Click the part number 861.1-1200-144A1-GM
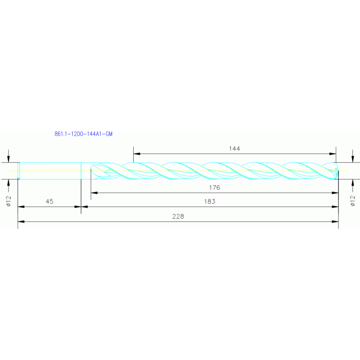pyautogui.click(x=84, y=134)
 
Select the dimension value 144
pyautogui.click(x=234, y=148)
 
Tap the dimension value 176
pyautogui.click(x=214, y=187)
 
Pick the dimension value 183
pyautogui.click(x=210, y=201)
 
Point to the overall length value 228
pyautogui.click(x=178, y=216)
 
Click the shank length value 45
pyautogui.click(x=50, y=201)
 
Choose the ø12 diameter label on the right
pyautogui.click(x=353, y=201)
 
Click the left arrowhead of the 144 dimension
pyautogui.click(x=137, y=153)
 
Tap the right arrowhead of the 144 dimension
pyautogui.click(x=333, y=153)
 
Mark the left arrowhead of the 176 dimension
pyautogui.click(x=94, y=192)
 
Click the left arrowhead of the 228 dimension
pyautogui.click(x=21, y=222)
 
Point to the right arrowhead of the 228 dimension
pyautogui.click(x=335, y=222)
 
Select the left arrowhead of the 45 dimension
pyautogui.click(x=21, y=207)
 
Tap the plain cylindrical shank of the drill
pyautogui.click(x=50, y=170)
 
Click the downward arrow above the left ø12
pyautogui.click(x=9, y=158)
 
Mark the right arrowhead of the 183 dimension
pyautogui.click(x=335, y=207)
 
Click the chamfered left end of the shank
pyautogui.click(x=19, y=170)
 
